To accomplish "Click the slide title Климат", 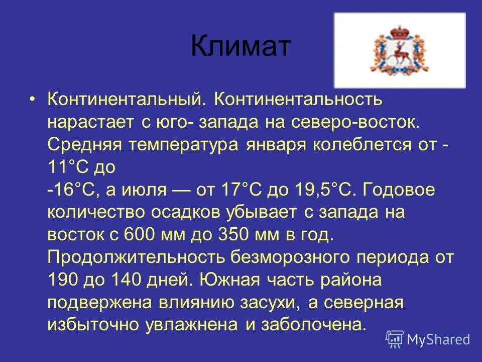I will tap(240, 47).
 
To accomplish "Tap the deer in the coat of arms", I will tap(400, 52).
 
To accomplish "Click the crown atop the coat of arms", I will tap(400, 31).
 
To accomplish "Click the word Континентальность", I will tap(298, 99).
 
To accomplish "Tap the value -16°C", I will tap(70, 191).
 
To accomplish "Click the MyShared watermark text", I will tap(438, 339).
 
